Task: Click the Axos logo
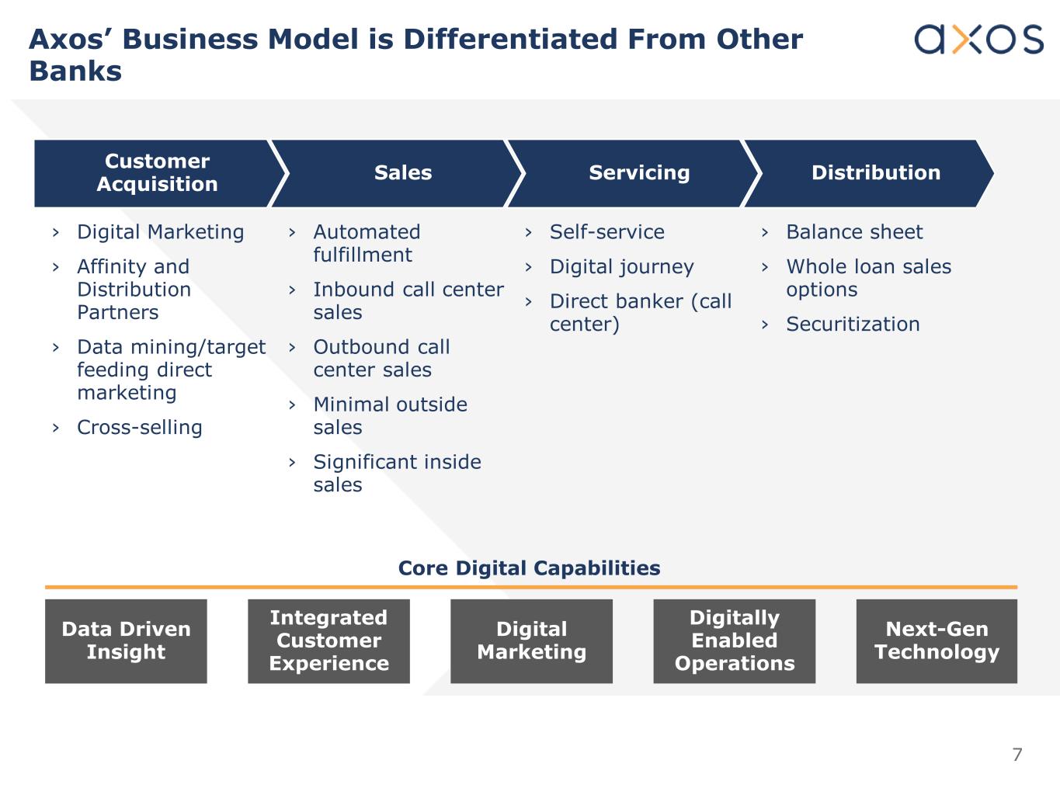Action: pos(978,39)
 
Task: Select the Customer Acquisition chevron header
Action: pos(157,173)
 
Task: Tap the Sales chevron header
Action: pos(402,173)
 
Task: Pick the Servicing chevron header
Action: pos(638,173)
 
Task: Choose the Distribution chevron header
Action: pos(875,173)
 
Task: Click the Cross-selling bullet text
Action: pos(140,428)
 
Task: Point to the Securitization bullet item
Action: pos(853,325)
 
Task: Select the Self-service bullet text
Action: pos(606,232)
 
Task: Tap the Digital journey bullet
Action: pos(621,267)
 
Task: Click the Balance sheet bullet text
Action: pos(854,232)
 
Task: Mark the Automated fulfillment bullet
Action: pos(367,244)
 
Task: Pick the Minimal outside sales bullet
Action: pos(390,416)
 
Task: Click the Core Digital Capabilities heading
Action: pos(529,568)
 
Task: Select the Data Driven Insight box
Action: pos(126,641)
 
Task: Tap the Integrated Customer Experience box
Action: pos(328,641)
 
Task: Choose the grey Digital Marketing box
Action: pos(531,641)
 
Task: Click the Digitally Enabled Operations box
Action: pos(734,641)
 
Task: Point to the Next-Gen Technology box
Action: pos(937,641)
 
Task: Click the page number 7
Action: pos(1017,755)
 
